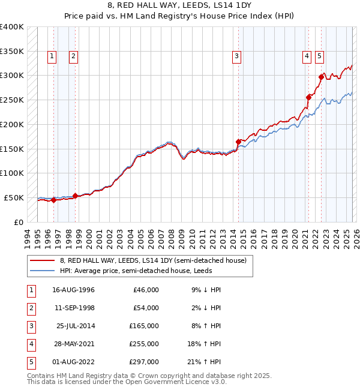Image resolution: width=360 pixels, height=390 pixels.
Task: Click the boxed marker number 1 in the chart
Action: pyautogui.click(x=53, y=56)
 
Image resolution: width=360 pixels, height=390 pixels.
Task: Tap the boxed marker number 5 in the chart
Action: pyautogui.click(x=319, y=56)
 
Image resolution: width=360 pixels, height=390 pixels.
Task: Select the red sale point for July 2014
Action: pyautogui.click(x=238, y=142)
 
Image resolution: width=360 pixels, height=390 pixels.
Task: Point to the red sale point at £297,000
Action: pyautogui.click(x=321, y=76)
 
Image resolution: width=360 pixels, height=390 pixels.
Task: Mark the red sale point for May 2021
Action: pyautogui.click(x=309, y=97)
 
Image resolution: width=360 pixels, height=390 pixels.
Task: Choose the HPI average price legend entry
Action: pyautogui.click(x=136, y=271)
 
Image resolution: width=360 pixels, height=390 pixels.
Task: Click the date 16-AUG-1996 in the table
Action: pyautogui.click(x=74, y=290)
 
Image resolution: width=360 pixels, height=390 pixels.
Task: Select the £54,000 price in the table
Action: pyautogui.click(x=146, y=308)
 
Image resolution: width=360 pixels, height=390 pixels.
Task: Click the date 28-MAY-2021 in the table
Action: pyautogui.click(x=74, y=344)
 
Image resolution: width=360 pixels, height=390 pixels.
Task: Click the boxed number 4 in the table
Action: pyautogui.click(x=29, y=344)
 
